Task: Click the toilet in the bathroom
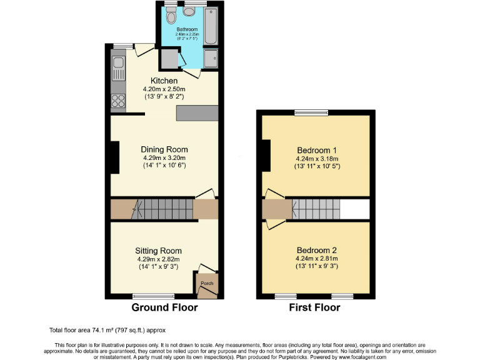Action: (171, 17)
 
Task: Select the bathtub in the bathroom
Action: (211, 25)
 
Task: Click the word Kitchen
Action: (164, 81)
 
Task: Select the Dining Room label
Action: (164, 150)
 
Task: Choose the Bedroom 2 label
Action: (316, 249)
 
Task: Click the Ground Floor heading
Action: (164, 307)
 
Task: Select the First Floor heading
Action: (314, 307)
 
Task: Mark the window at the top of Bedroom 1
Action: (311, 112)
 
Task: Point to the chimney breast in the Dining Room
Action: (114, 157)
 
